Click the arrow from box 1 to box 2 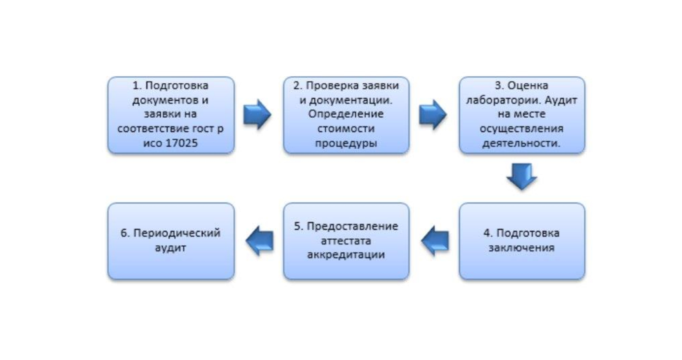tap(257, 114)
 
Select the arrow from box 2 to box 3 tap(433, 114)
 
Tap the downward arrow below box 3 tap(522, 176)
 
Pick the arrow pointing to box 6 tap(260, 241)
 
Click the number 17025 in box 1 tap(181, 143)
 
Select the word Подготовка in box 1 tap(177, 85)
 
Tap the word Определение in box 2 tap(346, 114)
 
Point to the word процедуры tap(346, 143)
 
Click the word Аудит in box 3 tap(561, 100)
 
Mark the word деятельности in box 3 tap(521, 143)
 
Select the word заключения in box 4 tap(521, 248)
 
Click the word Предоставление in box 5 tap(352, 226)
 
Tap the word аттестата tap(346, 241)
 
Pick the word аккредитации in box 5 tap(346, 254)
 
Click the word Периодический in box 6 tap(177, 233)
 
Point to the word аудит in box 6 tap(170, 248)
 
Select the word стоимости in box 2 tap(346, 128)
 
